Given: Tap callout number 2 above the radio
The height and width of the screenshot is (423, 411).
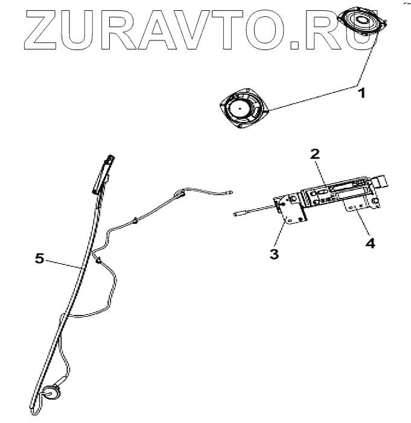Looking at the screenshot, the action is click(x=314, y=153).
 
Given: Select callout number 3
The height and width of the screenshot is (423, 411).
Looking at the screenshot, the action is click(x=274, y=253).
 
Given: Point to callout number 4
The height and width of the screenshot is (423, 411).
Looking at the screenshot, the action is click(x=369, y=243).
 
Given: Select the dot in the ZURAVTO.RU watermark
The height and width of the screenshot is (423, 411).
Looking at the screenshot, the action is click(x=295, y=43).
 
